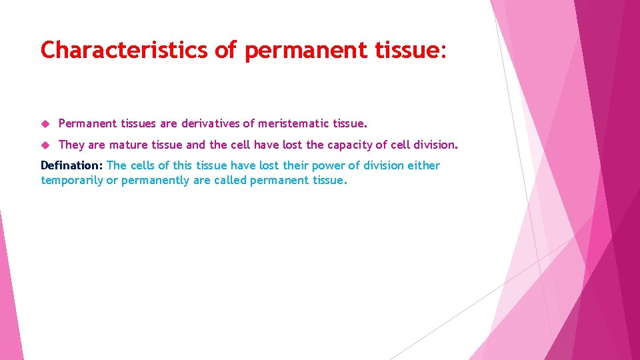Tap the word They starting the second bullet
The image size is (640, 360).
tap(71, 145)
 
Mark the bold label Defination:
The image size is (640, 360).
tap(71, 165)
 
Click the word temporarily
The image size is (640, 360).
tap(72, 180)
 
